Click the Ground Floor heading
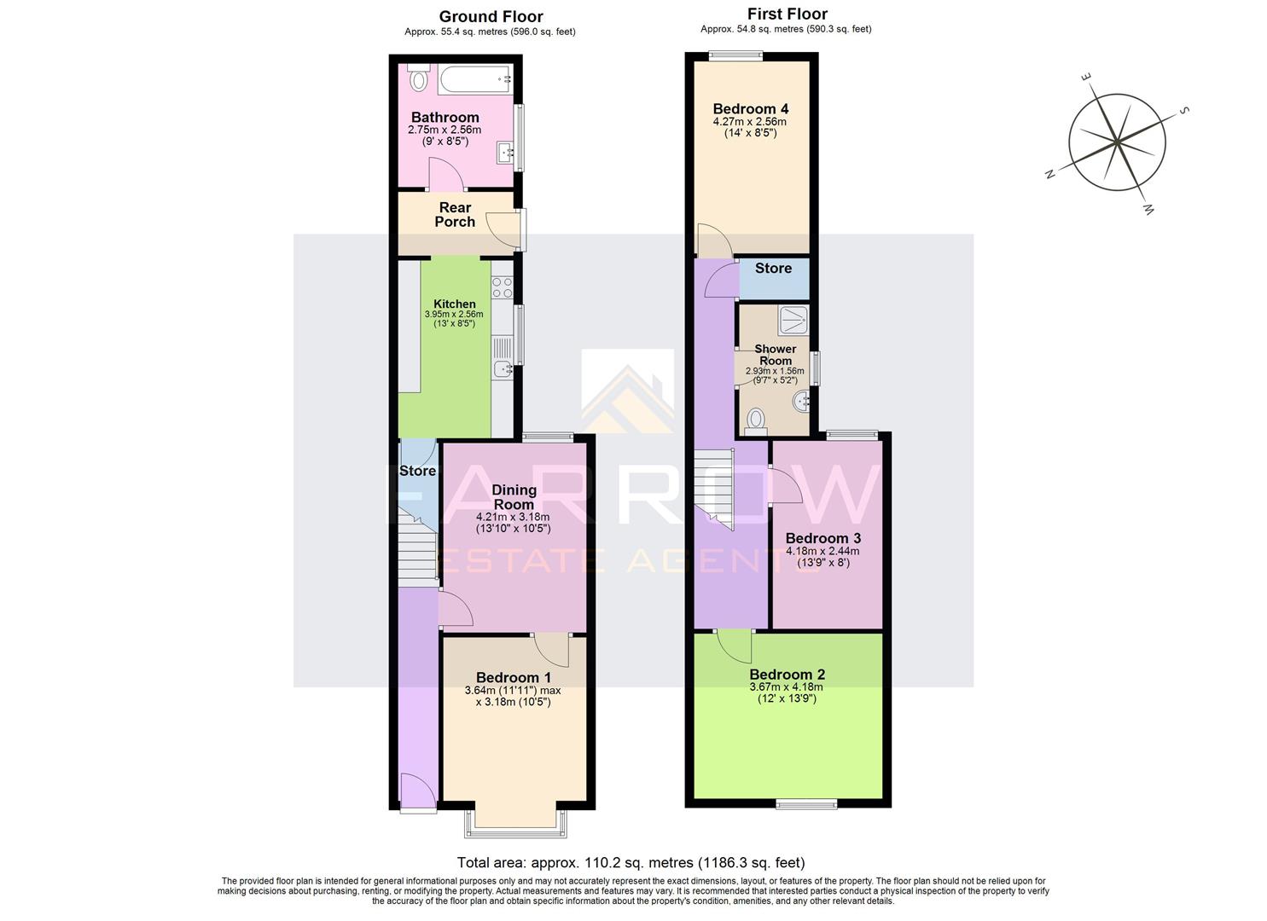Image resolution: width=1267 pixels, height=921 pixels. (491, 16)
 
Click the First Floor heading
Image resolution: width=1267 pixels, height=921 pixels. (787, 14)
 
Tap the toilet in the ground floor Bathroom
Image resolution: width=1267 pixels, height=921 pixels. (418, 81)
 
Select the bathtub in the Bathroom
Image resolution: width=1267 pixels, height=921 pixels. (474, 80)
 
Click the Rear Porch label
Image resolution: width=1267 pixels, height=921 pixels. (455, 215)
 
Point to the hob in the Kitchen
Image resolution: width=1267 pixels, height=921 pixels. (502, 287)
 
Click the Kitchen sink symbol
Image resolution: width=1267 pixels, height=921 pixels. (503, 369)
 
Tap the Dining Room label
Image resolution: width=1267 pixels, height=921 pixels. (514, 496)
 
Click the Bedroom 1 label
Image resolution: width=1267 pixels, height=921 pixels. (513, 678)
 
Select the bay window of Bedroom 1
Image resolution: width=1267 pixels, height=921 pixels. (514, 820)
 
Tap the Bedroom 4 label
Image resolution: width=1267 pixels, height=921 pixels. (750, 108)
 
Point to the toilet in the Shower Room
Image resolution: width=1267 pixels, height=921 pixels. (755, 420)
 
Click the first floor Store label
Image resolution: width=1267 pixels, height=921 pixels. (773, 268)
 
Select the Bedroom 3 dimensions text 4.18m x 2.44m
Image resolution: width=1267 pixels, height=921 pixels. (822, 551)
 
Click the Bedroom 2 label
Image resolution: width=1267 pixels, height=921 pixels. (787, 674)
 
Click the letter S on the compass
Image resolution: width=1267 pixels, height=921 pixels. (1184, 111)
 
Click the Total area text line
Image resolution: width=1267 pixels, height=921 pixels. (631, 862)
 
